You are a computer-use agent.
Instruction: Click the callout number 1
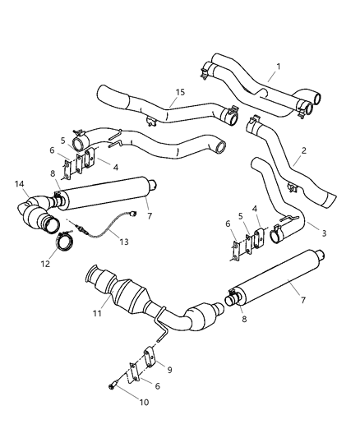[278, 65]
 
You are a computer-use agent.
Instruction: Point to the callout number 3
[324, 233]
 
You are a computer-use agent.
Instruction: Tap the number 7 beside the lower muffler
[302, 300]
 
